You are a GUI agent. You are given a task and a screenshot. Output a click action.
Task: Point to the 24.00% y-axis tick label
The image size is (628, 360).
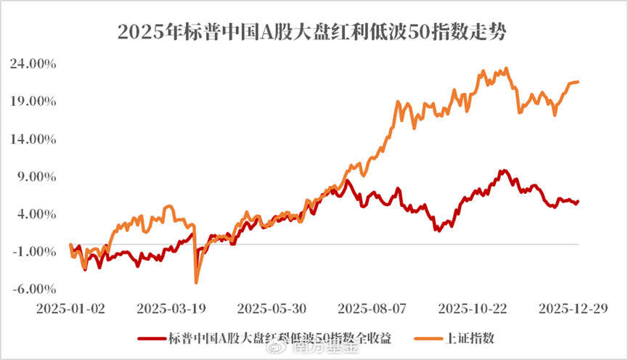[33, 64]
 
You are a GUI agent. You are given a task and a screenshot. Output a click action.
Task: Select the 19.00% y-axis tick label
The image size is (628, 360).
[33, 102]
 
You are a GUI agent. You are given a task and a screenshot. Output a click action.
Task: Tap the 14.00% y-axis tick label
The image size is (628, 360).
[33, 139]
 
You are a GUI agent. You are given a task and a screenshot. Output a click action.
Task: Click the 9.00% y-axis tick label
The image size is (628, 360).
[36, 176]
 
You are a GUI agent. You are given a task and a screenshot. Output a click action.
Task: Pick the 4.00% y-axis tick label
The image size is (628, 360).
[36, 214]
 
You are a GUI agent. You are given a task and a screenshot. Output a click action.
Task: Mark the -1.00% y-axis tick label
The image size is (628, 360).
[35, 252]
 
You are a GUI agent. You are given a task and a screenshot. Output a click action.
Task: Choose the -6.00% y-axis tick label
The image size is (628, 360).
[35, 289]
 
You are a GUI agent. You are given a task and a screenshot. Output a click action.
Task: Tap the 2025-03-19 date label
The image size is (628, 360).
[171, 308]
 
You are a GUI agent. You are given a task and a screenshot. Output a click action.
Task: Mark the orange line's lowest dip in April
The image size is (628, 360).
[196, 282]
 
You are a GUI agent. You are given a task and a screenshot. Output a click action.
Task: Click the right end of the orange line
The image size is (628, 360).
[578, 82]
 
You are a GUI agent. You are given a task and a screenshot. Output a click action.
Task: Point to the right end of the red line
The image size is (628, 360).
[578, 202]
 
